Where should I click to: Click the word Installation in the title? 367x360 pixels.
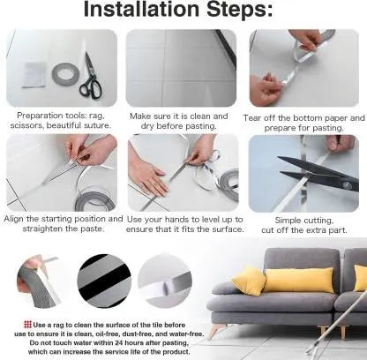[x=141, y=9]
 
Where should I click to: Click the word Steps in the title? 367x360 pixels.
[x=239, y=10]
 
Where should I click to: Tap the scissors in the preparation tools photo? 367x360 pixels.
[x=91, y=76]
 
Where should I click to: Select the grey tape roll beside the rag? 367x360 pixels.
[x=66, y=74]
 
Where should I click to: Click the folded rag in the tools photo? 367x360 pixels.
[x=34, y=75]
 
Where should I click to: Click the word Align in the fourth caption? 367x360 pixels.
[x=14, y=219]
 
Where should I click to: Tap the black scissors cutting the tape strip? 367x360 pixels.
[x=318, y=173]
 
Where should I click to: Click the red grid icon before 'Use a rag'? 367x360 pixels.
[x=27, y=325]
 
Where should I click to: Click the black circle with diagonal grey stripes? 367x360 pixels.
[x=104, y=281]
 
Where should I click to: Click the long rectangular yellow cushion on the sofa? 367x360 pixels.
[x=298, y=280]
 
